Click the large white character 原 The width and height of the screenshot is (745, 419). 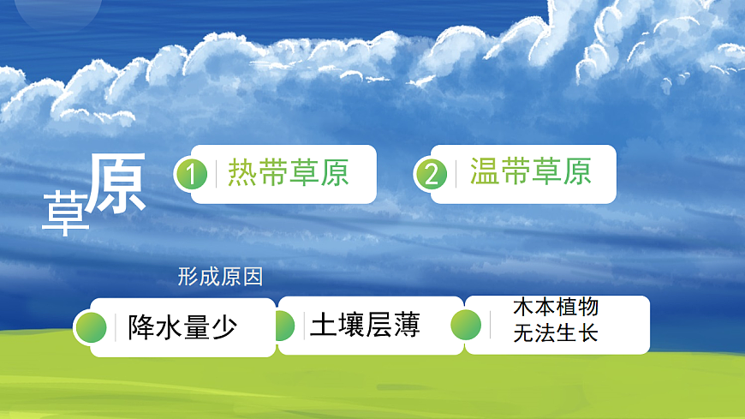(x=117, y=184)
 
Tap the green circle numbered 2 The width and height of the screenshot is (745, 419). (x=432, y=174)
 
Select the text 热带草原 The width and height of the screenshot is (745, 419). (x=288, y=173)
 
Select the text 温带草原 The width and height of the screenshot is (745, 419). (x=530, y=172)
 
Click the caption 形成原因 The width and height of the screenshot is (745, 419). (x=219, y=277)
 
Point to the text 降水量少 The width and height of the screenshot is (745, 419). (x=182, y=327)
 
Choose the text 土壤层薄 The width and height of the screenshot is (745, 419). (x=366, y=326)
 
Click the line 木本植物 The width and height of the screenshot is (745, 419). (x=555, y=308)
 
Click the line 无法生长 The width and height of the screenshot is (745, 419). (x=555, y=333)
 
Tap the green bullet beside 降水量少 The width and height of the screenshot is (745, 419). (x=91, y=327)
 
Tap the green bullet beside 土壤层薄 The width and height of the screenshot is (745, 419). (x=283, y=326)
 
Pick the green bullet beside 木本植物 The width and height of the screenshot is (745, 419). (x=466, y=325)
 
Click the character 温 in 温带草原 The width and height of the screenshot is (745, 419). (x=485, y=172)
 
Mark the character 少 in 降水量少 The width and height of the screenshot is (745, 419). (x=223, y=327)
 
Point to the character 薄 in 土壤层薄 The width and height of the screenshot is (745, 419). (x=407, y=326)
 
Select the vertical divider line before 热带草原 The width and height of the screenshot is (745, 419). (x=216, y=173)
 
